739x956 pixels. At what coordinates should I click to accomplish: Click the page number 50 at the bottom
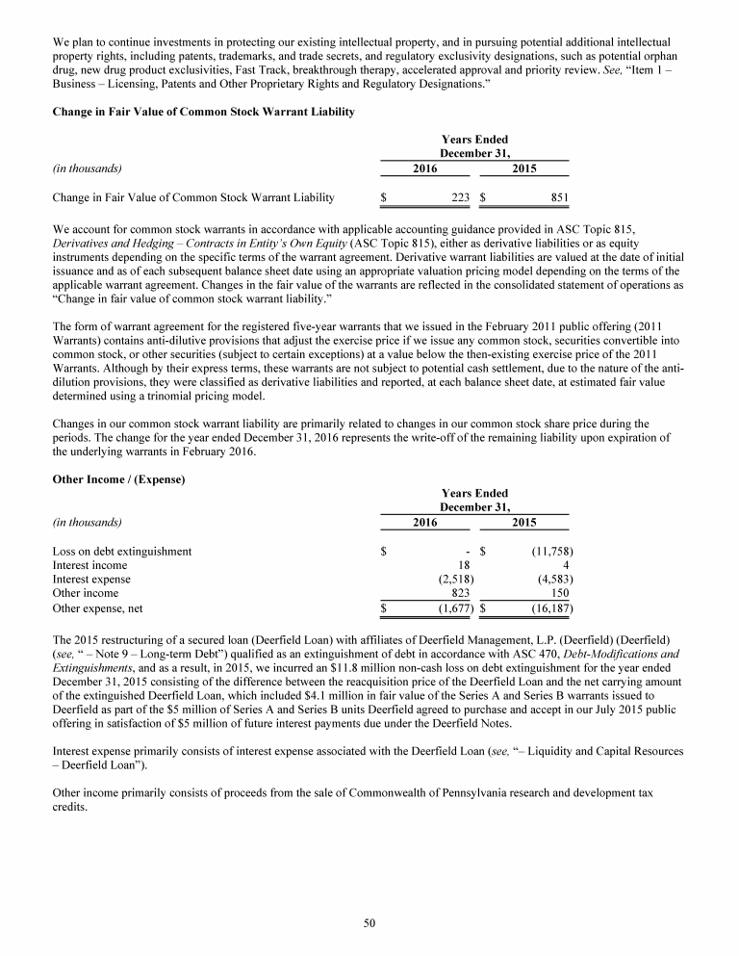(x=369, y=923)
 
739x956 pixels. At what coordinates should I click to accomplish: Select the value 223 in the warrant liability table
(x=458, y=198)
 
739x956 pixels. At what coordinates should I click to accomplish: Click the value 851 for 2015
(x=561, y=198)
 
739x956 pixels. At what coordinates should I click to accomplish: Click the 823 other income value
(x=459, y=594)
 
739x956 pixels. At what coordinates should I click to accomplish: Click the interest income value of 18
(x=463, y=565)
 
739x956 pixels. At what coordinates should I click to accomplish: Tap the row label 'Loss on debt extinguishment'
(x=121, y=552)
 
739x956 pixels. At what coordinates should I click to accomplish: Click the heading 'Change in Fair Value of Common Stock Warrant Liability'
(x=203, y=113)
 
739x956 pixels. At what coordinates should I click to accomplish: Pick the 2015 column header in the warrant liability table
(x=524, y=169)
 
